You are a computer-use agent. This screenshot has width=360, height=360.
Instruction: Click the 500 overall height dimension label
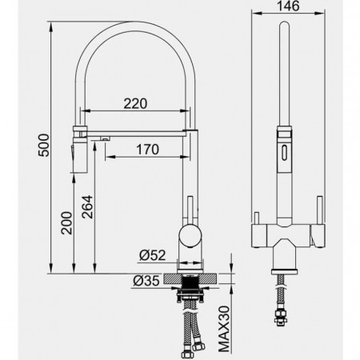point(44,145)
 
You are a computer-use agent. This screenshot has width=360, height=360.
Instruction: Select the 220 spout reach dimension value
point(135,104)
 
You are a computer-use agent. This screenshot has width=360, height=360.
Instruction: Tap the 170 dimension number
point(148,150)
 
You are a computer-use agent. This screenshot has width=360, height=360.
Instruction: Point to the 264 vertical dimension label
point(87,207)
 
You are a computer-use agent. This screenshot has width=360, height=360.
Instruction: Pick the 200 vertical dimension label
point(66,223)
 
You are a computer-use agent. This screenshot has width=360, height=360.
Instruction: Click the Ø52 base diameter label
point(153,255)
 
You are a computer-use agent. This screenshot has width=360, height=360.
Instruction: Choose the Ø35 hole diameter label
point(146,281)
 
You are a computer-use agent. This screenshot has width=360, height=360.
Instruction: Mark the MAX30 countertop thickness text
point(224,329)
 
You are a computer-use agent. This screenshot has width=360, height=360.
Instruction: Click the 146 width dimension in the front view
point(288,6)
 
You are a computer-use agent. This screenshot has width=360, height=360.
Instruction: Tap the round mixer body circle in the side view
point(190,235)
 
